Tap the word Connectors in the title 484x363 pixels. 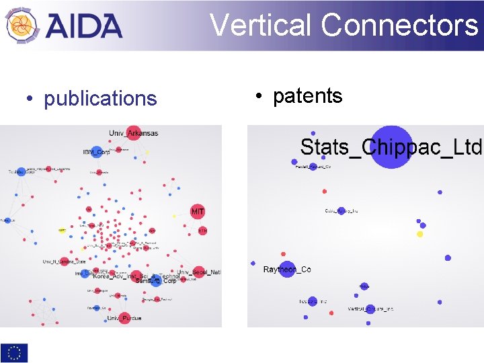399,26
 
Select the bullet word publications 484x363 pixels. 100,99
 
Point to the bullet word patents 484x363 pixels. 308,96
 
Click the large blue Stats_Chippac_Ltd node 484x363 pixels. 391,147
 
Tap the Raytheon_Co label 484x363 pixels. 286,270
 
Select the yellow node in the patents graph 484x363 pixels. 420,234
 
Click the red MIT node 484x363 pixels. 198,212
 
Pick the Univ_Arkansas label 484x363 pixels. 134,133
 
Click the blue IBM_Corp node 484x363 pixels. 96,152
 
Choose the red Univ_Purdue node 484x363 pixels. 125,317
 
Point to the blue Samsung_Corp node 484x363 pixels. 156,281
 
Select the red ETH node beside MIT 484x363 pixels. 202,230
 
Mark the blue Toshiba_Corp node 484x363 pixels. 22,172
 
